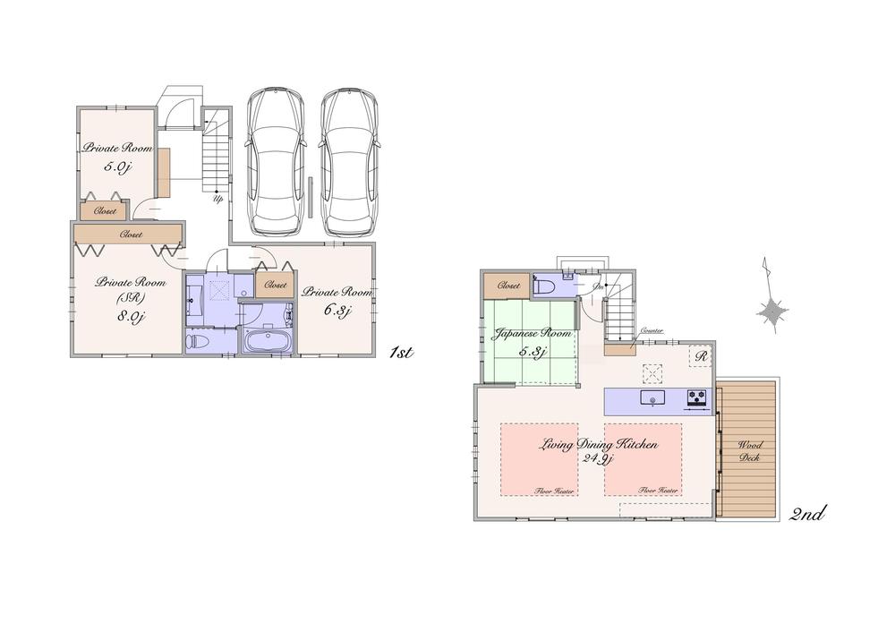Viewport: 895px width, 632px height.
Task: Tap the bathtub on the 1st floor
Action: (265, 341)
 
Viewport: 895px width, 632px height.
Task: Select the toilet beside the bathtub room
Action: (199, 340)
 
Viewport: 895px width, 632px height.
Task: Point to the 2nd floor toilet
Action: (544, 286)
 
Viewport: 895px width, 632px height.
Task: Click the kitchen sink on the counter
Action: (652, 399)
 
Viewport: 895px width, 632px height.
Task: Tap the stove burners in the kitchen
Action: (696, 397)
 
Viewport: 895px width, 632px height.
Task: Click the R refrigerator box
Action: (702, 356)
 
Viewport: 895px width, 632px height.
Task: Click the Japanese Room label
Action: (532, 333)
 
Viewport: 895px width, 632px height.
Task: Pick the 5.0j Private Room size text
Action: (117, 167)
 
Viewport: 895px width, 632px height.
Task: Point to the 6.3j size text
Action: (337, 312)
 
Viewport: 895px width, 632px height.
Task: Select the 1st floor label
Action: (400, 353)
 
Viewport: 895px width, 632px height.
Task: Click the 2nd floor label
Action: (806, 514)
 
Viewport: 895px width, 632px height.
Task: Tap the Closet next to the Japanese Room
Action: (508, 286)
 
